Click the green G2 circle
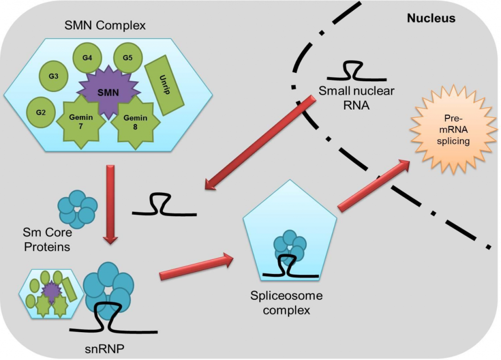41,112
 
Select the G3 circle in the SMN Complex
54,76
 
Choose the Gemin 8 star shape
135,121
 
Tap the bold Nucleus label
431,19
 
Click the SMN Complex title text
105,25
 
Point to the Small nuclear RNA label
356,97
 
